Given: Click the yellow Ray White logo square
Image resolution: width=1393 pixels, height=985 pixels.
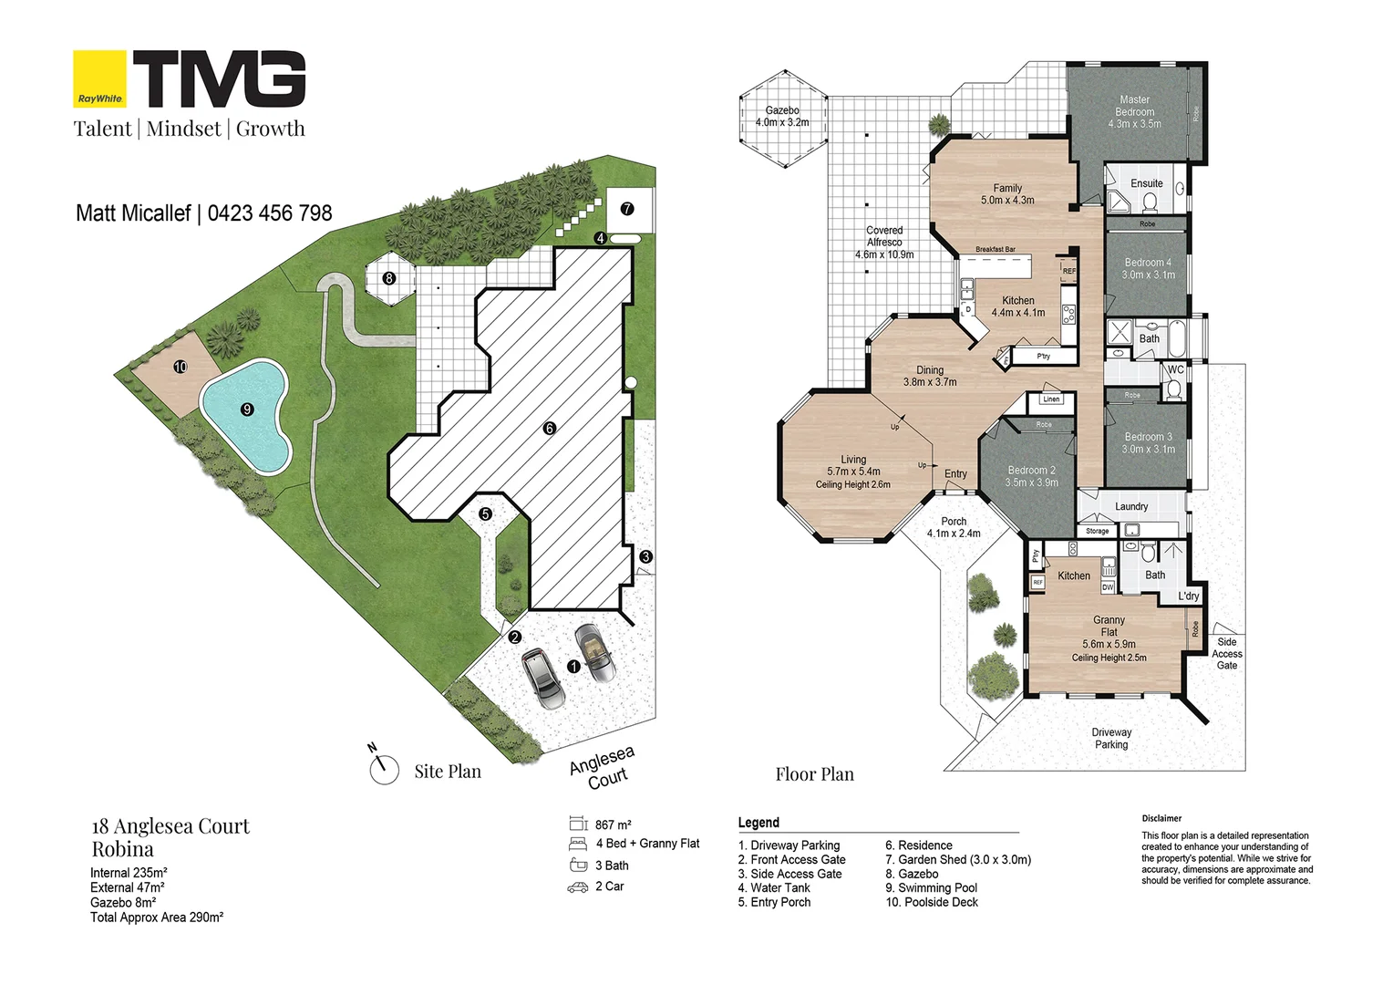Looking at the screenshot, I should tap(99, 79).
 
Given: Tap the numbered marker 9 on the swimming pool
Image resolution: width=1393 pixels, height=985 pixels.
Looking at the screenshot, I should tap(246, 410).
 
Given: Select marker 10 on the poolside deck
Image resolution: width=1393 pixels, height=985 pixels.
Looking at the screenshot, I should tap(181, 367).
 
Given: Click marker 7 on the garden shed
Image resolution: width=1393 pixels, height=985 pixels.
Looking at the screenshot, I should tap(626, 209).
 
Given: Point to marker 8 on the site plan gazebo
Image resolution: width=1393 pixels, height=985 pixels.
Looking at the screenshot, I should tap(389, 278).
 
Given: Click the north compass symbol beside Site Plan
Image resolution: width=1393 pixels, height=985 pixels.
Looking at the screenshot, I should tap(384, 769).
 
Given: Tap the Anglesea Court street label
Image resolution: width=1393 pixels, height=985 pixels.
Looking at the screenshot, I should tap(602, 768).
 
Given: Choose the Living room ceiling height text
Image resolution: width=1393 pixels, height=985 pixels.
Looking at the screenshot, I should tap(852, 484).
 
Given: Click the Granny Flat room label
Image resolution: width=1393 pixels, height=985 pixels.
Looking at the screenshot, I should tap(1109, 626).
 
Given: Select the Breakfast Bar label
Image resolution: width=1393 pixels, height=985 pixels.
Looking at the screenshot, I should tap(995, 249).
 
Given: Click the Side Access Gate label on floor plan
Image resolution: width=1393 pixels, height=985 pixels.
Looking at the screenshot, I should tap(1226, 654).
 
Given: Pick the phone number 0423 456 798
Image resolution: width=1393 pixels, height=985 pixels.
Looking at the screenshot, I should tap(270, 213).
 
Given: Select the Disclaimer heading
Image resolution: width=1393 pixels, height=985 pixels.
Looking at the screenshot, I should tap(1161, 818).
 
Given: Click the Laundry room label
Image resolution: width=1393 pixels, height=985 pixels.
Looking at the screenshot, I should tap(1130, 506).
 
